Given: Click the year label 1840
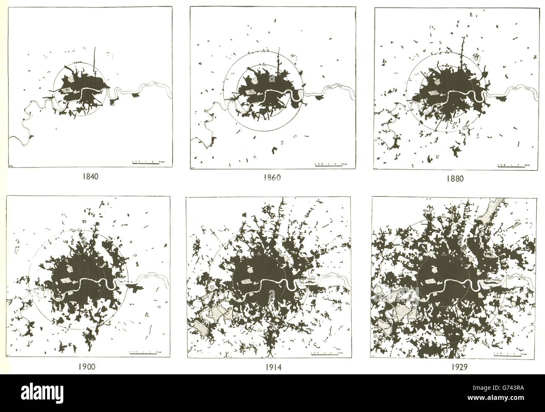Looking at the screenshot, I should click(x=90, y=177).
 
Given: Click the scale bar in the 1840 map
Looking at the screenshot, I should click(x=146, y=162).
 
